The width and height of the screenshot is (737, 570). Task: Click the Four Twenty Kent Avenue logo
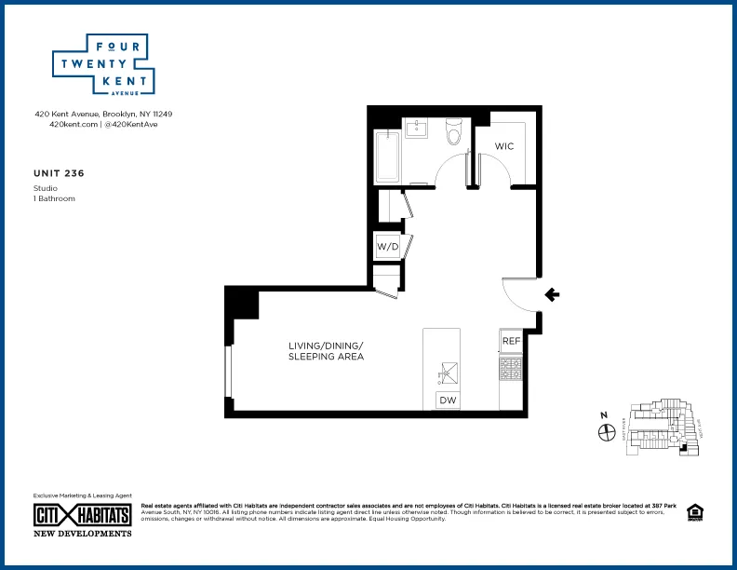pyautogui.click(x=102, y=64)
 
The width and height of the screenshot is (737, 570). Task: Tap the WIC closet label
pyautogui.click(x=503, y=147)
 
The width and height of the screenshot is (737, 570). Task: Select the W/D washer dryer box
pyautogui.click(x=387, y=247)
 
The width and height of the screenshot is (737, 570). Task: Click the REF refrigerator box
pyautogui.click(x=510, y=341)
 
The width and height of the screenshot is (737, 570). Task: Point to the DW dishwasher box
pyautogui.click(x=448, y=400)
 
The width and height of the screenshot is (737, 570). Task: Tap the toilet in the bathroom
pyautogui.click(x=454, y=133)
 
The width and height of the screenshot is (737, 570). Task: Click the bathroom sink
pyautogui.click(x=416, y=129)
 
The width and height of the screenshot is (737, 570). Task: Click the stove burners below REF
pyautogui.click(x=510, y=370)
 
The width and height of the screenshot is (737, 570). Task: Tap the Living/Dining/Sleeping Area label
pyautogui.click(x=325, y=351)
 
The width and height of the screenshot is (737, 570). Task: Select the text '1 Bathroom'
pyautogui.click(x=54, y=198)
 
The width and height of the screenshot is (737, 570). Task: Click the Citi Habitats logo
pyautogui.click(x=82, y=515)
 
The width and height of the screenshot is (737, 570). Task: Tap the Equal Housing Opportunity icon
pyautogui.click(x=693, y=511)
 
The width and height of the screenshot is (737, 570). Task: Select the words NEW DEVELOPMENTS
pyautogui.click(x=82, y=533)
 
